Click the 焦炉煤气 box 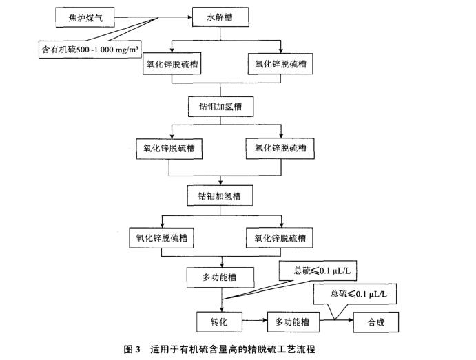pyautogui.click(x=85, y=17)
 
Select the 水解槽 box pyautogui.click(x=220, y=17)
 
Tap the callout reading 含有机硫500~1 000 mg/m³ pyautogui.click(x=90, y=49)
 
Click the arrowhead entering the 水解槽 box pyautogui.click(x=190, y=17)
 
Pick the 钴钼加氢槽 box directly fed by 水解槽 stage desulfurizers pyautogui.click(x=220, y=107)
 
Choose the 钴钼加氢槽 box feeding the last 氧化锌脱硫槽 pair pyautogui.click(x=220, y=195)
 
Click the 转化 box pyautogui.click(x=220, y=321)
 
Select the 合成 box pyautogui.click(x=376, y=321)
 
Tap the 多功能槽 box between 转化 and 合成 pyautogui.click(x=293, y=321)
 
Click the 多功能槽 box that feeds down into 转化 pyautogui.click(x=220, y=277)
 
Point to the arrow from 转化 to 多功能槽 pyautogui.click(x=255, y=320)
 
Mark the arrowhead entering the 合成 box pyautogui.click(x=351, y=320)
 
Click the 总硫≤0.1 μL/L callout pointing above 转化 pyautogui.click(x=318, y=271)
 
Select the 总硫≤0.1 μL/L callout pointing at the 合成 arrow pyautogui.click(x=355, y=294)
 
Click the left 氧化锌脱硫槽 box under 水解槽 pyautogui.click(x=172, y=64)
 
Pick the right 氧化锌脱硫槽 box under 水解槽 pyautogui.click(x=280, y=64)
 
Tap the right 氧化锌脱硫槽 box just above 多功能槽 pyautogui.click(x=280, y=238)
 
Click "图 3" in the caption pyautogui.click(x=132, y=349)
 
